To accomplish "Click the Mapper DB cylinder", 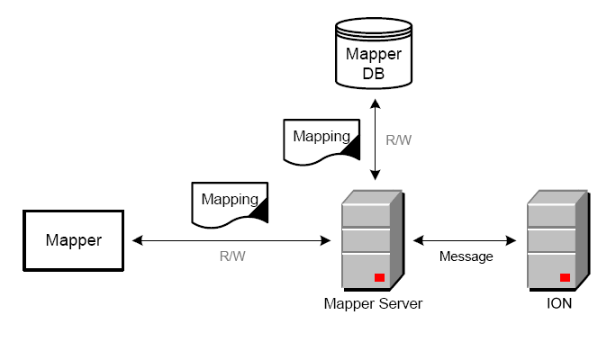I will (x=374, y=54).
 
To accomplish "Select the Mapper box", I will (x=74, y=240).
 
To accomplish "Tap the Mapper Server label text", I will (x=373, y=303).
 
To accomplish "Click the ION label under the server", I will (x=558, y=303).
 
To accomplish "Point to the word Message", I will (x=466, y=256).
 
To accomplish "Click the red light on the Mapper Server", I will (x=380, y=277).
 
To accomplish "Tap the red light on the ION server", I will (x=566, y=277).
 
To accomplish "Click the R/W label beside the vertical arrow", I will (x=399, y=141).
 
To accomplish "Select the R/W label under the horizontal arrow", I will (x=232, y=256).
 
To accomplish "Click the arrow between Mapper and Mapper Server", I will (x=231, y=240).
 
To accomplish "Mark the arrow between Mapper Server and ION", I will (x=465, y=240).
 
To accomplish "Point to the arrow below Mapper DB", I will (x=375, y=140).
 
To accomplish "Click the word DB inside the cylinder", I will (x=374, y=73).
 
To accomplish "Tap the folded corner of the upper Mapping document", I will (x=350, y=148).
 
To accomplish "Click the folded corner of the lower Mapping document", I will (x=259, y=211).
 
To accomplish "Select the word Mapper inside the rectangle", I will (x=74, y=240).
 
